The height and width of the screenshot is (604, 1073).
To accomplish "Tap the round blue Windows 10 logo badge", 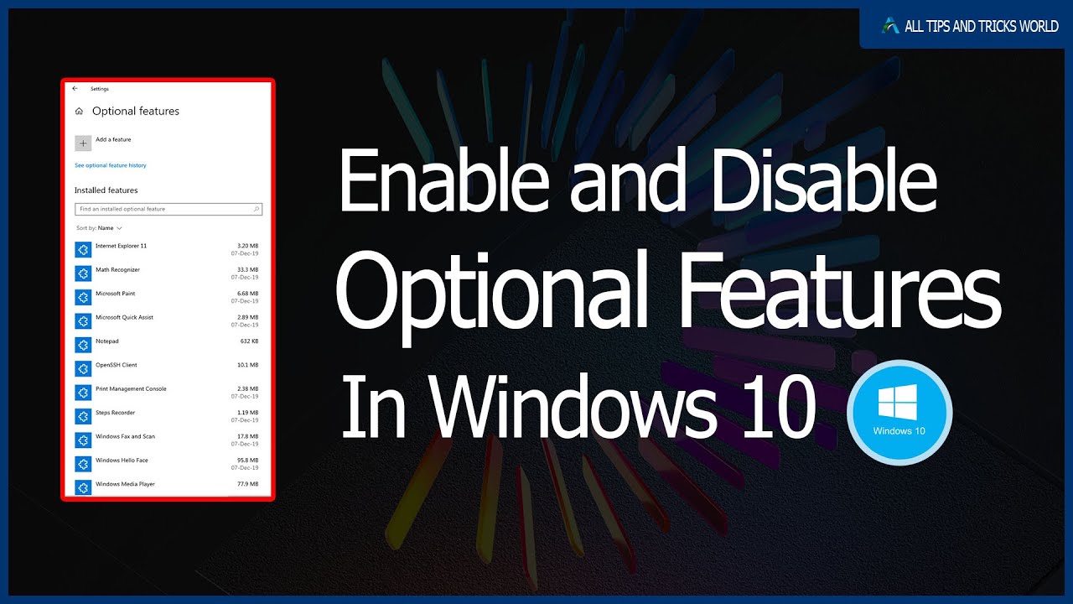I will point(899,414).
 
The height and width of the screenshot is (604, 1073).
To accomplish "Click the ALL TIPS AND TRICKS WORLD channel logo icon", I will point(890,26).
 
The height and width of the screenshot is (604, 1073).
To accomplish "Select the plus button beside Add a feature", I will point(83,143).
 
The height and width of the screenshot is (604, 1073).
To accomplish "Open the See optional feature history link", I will point(111,166).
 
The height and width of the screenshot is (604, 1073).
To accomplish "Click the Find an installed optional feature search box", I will point(168,209).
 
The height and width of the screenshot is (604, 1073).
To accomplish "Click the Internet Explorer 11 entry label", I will point(121,246).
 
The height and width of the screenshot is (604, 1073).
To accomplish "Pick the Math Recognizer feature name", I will point(117,270).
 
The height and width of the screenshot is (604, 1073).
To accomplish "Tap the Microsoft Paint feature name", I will point(115,294).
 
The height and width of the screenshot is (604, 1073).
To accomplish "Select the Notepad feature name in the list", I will point(107,341).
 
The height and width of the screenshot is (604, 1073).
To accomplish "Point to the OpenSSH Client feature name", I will point(116,365).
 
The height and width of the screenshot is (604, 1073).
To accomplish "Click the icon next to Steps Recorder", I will point(82,416).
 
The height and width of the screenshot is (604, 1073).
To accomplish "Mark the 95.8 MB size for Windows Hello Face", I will point(248,461).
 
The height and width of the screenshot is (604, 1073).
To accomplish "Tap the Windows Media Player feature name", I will point(125,484).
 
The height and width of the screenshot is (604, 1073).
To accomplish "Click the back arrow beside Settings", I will point(75,88).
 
